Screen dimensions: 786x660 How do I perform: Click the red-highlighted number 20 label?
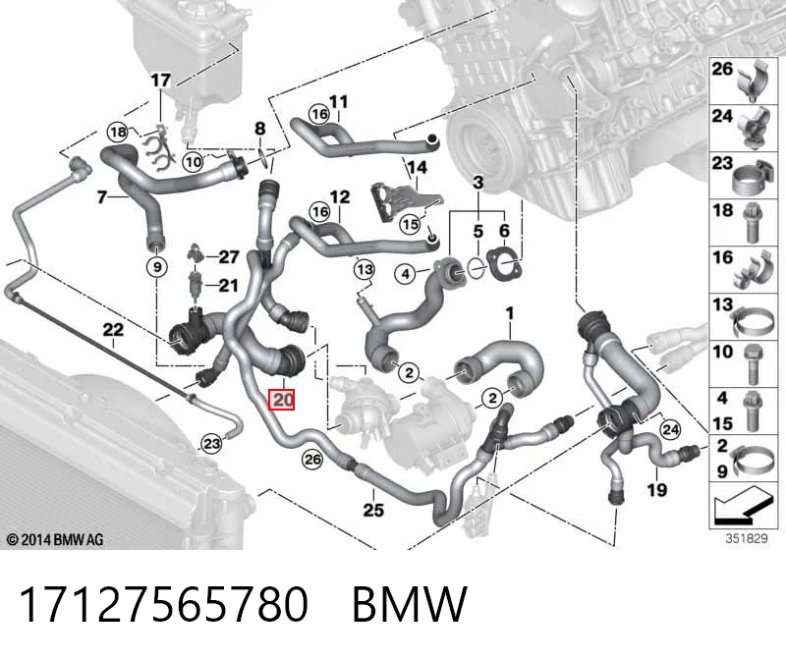[x=281, y=400]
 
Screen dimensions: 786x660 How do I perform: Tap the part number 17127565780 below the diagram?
[x=163, y=605]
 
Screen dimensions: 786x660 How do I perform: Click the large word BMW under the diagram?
[x=410, y=605]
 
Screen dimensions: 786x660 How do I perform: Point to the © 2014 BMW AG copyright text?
[x=55, y=540]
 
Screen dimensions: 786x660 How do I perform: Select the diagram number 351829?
[x=747, y=539]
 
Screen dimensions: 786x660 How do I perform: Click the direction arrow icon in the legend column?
[x=744, y=506]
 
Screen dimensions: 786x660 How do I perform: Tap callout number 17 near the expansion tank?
[x=161, y=81]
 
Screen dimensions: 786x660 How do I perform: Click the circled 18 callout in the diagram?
[x=118, y=133]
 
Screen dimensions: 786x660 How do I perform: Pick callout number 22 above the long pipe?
[x=113, y=330]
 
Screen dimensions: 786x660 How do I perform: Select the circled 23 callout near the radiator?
[x=211, y=444]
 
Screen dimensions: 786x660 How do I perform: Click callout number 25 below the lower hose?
[x=373, y=510]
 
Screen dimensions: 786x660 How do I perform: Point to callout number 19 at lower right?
[x=657, y=490]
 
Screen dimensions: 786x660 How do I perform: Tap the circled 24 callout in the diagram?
[x=671, y=429]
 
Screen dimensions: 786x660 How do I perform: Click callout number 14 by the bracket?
[x=417, y=167]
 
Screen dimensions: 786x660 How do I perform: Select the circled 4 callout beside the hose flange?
[x=405, y=274]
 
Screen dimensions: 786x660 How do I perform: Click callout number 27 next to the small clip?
[x=229, y=257]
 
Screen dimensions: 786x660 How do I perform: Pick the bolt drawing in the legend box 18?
[x=751, y=223]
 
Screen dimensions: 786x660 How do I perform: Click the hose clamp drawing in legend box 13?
[x=751, y=322]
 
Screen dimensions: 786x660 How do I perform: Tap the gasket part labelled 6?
[x=504, y=263]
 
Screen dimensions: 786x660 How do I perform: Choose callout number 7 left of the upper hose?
[x=102, y=197]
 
